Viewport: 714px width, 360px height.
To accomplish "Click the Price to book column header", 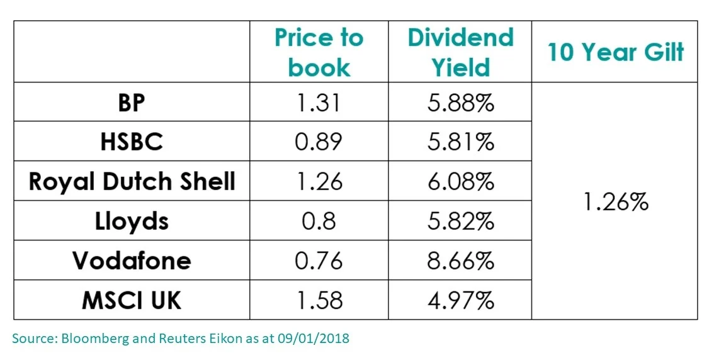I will point(319,52).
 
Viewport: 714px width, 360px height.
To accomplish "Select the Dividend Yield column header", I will point(460,52).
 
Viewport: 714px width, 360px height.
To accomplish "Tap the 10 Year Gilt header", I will point(615,52).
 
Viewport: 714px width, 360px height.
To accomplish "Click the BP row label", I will point(132,103).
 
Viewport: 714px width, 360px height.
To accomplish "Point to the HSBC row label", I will point(132,142).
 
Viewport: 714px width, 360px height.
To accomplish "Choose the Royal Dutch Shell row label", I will point(132,182).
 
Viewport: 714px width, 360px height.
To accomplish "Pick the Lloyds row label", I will point(132,221).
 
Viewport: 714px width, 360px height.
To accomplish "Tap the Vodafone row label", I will point(132,261).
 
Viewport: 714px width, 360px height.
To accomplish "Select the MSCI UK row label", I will point(132,300).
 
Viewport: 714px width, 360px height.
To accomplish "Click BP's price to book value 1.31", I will point(319,103).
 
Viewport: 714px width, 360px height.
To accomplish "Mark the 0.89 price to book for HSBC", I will point(319,142).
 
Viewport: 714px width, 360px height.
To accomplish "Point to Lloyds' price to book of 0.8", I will point(319,221).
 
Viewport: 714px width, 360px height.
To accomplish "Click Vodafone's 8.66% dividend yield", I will point(460,261).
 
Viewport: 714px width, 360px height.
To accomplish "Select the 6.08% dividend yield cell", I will point(460,182).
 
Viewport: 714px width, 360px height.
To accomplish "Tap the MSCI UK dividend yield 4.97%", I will point(460,300).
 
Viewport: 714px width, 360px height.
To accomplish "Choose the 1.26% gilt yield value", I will point(615,203).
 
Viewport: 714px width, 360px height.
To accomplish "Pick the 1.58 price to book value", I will point(319,300).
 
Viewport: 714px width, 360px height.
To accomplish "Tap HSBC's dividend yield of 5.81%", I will point(460,142).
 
